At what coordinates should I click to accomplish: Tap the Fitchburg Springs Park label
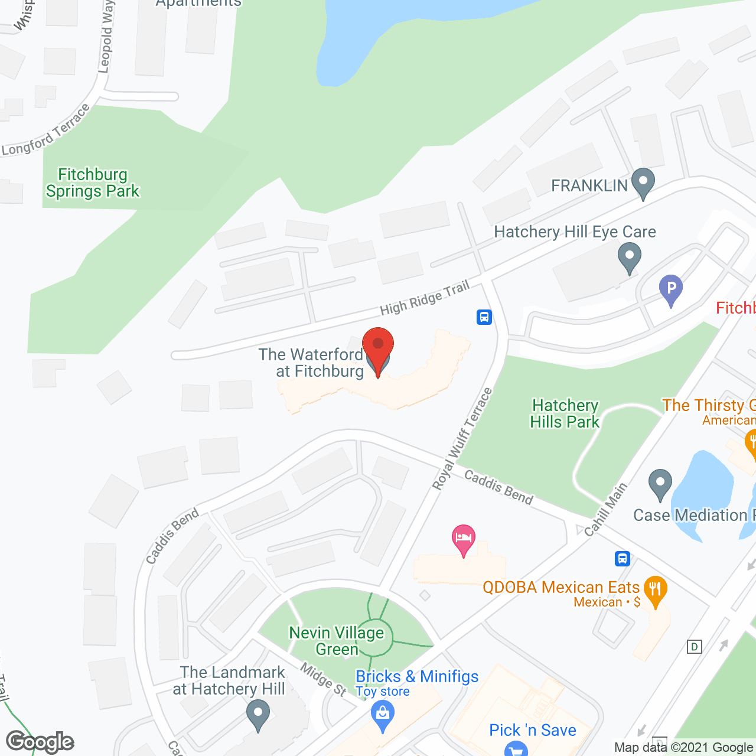click(x=93, y=183)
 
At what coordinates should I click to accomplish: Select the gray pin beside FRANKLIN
click(x=643, y=183)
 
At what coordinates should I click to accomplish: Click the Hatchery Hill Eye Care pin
click(x=629, y=259)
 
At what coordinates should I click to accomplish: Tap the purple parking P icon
click(x=671, y=289)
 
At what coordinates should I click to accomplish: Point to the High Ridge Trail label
click(x=425, y=298)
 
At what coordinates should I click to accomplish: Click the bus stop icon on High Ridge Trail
click(x=484, y=317)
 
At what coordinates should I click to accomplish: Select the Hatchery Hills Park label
click(x=565, y=413)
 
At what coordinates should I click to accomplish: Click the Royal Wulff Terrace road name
click(x=462, y=439)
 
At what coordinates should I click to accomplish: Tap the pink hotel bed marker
click(x=464, y=539)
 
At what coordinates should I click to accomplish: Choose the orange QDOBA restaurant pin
click(x=655, y=590)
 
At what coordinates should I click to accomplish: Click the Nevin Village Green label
click(x=337, y=641)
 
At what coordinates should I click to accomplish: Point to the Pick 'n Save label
click(x=533, y=730)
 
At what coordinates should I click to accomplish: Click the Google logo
click(x=40, y=742)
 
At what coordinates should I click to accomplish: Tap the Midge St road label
click(x=323, y=679)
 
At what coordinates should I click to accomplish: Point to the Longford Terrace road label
click(x=46, y=131)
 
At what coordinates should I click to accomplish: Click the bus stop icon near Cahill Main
click(x=622, y=558)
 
